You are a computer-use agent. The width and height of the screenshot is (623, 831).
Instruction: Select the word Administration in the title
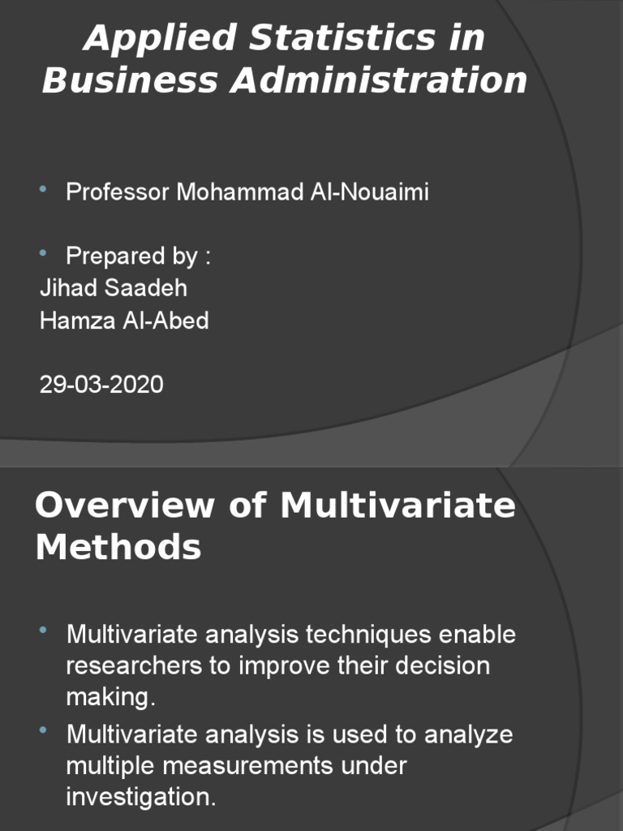pos(379,80)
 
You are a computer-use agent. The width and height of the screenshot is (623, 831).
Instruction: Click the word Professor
pos(118,192)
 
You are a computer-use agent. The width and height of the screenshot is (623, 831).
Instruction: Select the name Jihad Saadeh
pos(113,288)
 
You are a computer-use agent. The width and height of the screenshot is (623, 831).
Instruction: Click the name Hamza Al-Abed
pos(124,321)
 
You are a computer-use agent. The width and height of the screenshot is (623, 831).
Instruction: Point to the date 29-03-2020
pos(101,384)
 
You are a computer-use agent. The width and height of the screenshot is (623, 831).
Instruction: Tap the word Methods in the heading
pos(118,548)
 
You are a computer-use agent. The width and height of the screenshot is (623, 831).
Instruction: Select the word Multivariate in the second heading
pos(397,506)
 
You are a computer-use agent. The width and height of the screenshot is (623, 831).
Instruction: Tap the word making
pos(110,697)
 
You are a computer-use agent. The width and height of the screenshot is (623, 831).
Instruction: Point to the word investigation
pos(141,797)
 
